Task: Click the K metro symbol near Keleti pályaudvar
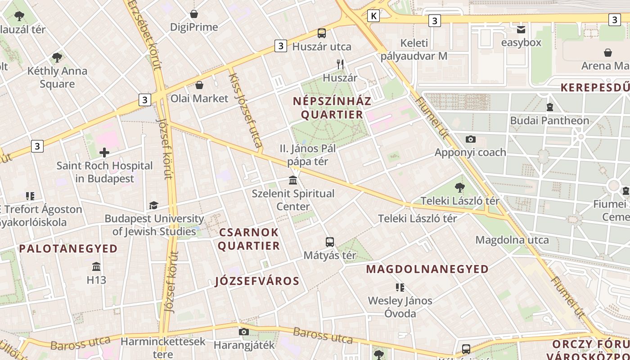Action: [x=373, y=16]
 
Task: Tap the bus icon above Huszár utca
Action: [x=321, y=33]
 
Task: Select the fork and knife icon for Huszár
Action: [x=340, y=64]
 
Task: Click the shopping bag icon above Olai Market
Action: [x=199, y=85]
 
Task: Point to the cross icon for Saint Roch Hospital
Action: [x=104, y=153]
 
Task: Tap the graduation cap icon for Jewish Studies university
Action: [x=153, y=206]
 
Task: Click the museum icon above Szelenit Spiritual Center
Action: [x=293, y=180]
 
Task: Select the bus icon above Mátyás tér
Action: [x=330, y=242]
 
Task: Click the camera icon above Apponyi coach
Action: [x=470, y=139]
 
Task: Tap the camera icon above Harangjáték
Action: [x=243, y=332]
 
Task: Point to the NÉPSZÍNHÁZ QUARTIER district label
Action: [x=332, y=108]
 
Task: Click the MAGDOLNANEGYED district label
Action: [x=427, y=269]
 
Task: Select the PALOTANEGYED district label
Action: [x=68, y=248]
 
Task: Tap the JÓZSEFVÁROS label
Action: [x=257, y=281]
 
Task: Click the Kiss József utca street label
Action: [x=245, y=111]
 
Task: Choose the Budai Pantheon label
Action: [x=549, y=121]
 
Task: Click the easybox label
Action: [x=521, y=43]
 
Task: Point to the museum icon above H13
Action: [x=96, y=266]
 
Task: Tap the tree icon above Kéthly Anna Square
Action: [x=57, y=58]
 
